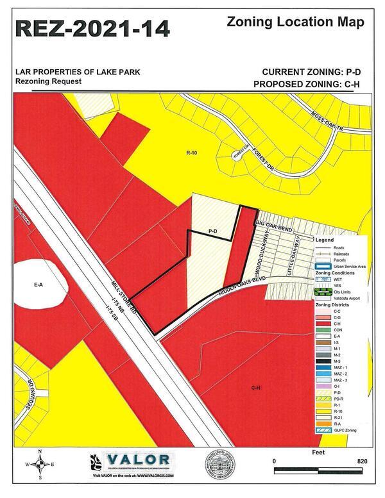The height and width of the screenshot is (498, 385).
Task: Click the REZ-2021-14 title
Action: [92, 28]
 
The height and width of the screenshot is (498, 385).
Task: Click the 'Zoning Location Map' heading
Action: [296, 22]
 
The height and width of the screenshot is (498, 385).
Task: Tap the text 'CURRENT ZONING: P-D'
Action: [311, 72]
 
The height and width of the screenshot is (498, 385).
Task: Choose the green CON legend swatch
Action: [324, 330]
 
